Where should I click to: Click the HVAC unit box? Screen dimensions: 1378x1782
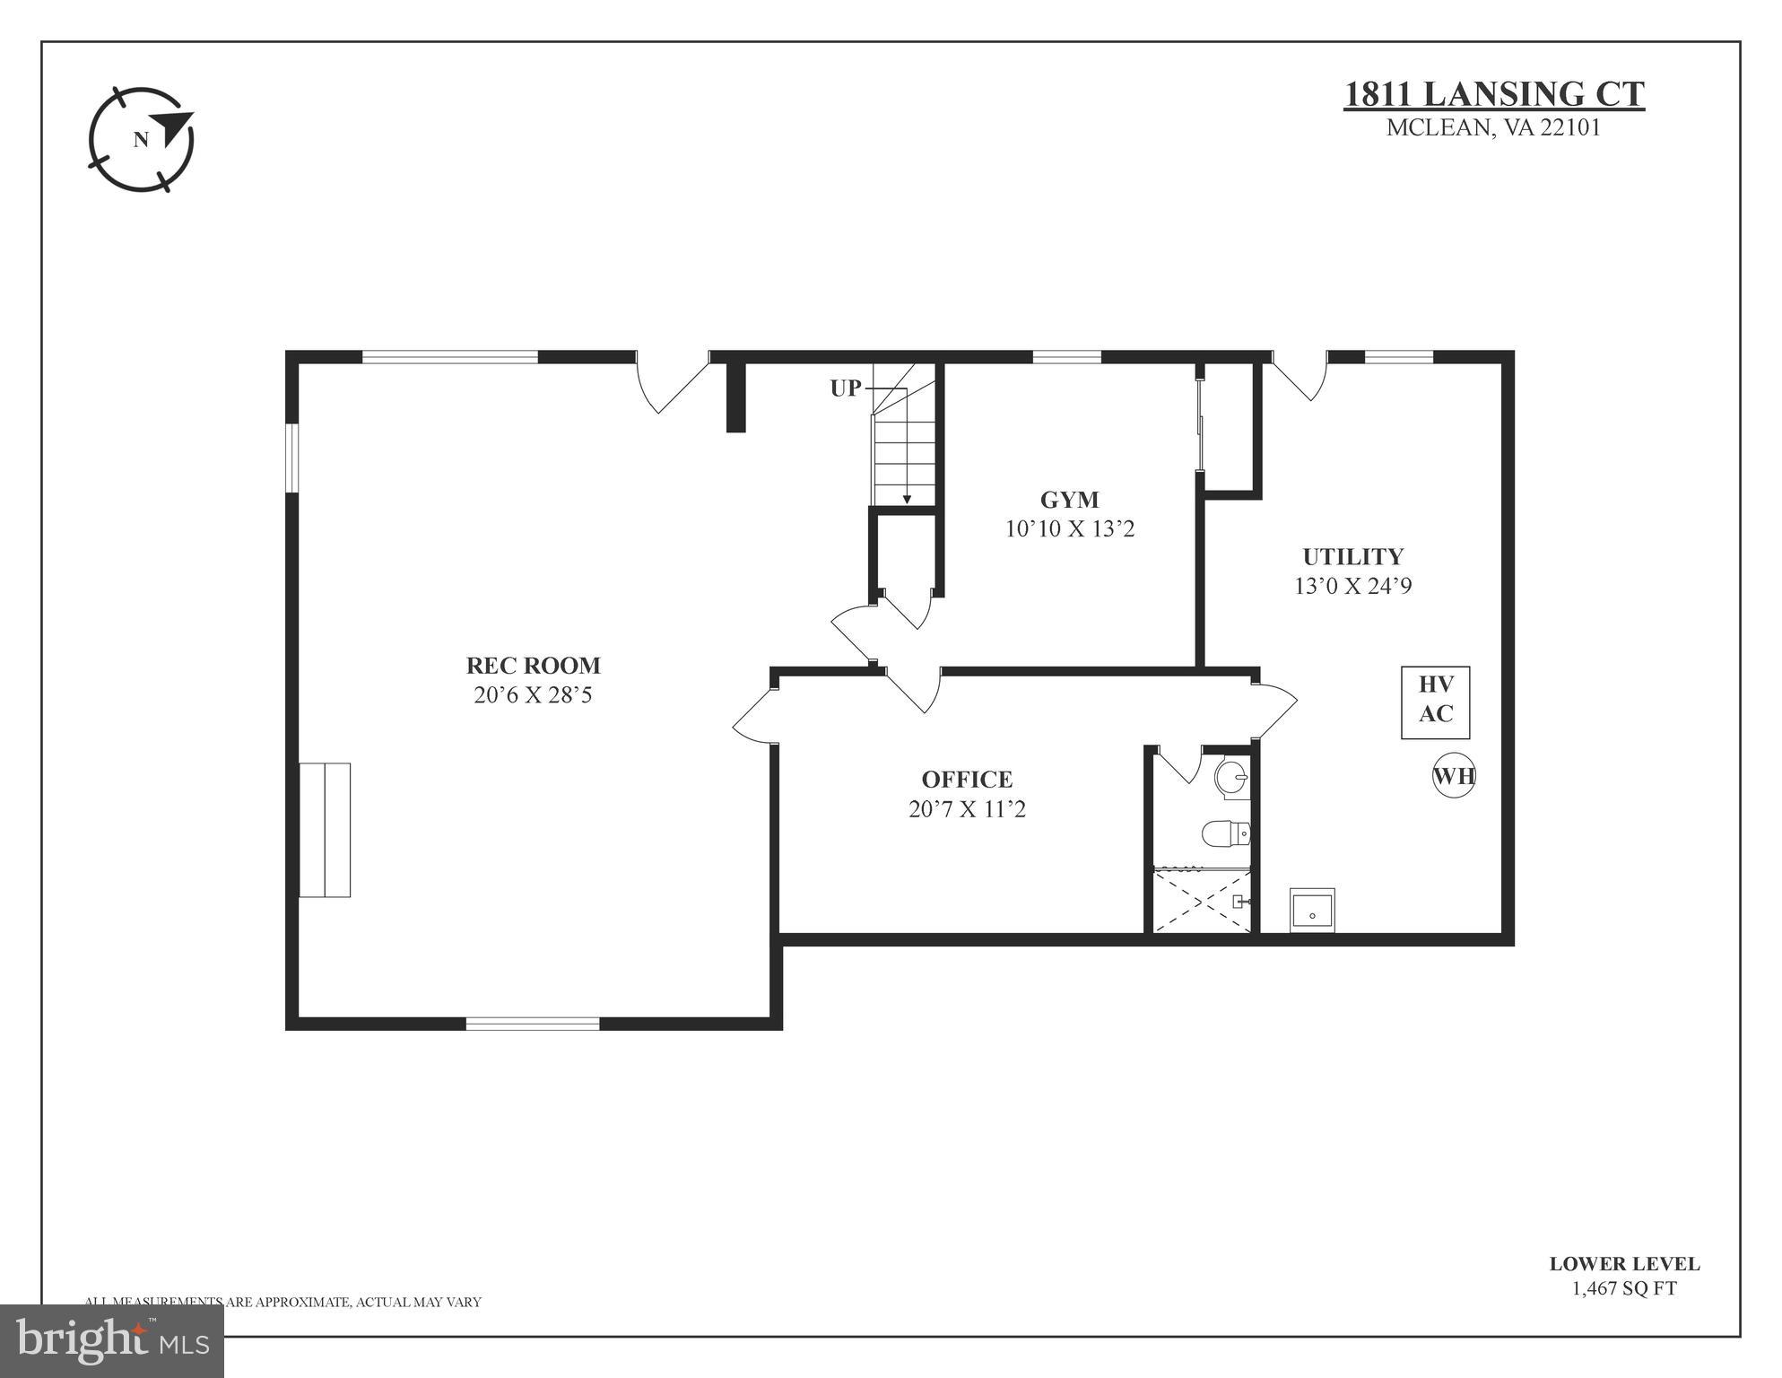(x=1435, y=702)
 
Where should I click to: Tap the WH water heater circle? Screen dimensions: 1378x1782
(x=1453, y=776)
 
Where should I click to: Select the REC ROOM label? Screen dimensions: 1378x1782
(x=533, y=666)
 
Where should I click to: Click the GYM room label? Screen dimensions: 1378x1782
(x=1069, y=500)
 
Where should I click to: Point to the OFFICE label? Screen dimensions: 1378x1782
(x=967, y=779)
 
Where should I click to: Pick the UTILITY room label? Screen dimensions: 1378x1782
(x=1352, y=556)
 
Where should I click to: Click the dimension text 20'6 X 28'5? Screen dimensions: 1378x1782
(x=533, y=695)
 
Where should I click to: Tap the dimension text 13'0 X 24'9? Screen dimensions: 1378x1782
(x=1352, y=586)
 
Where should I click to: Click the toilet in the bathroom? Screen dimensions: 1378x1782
(x=1225, y=833)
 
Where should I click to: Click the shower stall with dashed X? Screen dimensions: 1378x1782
(x=1201, y=901)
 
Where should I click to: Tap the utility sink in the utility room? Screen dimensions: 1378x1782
(x=1312, y=911)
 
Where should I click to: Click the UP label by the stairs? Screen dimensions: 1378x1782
(x=845, y=388)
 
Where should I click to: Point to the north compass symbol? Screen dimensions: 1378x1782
(x=142, y=139)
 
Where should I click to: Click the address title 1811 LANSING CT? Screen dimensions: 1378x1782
(x=1493, y=94)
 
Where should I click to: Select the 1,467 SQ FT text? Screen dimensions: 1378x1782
(x=1623, y=1288)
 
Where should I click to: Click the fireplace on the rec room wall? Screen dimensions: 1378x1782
(x=325, y=829)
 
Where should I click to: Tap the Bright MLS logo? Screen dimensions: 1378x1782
(x=112, y=1339)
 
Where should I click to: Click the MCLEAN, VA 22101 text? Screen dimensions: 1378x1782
(x=1493, y=127)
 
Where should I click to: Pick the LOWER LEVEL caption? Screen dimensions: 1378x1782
(x=1623, y=1263)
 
